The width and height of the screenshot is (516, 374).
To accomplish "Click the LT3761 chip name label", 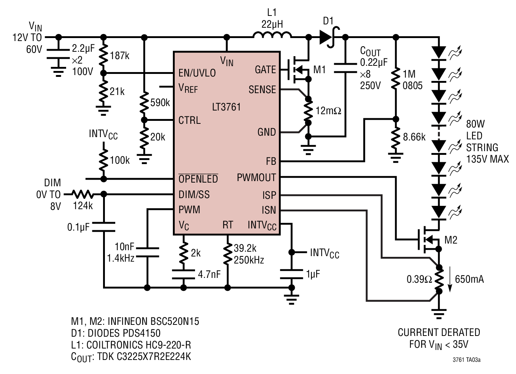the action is (226, 107).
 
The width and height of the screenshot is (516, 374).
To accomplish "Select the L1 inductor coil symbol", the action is (272, 35).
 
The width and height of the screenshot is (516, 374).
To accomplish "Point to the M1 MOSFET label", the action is (319, 69).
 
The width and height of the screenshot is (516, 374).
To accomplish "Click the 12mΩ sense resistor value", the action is (328, 111).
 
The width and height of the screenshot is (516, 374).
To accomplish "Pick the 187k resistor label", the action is (120, 56).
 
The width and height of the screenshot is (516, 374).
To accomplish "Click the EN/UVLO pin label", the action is (197, 73).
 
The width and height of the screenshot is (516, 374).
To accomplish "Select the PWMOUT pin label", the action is (256, 178).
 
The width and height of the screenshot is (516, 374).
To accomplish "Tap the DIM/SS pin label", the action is (194, 195).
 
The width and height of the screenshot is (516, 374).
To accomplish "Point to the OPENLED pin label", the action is (198, 178).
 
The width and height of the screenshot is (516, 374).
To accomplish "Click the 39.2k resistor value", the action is (245, 248).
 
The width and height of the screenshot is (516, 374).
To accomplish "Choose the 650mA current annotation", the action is (469, 279).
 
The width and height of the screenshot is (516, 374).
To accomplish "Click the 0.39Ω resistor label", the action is (419, 279).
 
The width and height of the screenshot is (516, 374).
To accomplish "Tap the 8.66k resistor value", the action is (414, 137).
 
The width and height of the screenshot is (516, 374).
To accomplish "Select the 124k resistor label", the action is (83, 206).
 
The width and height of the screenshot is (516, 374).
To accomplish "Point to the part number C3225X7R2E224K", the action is (154, 357).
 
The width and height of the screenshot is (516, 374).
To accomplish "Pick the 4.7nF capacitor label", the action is (209, 274).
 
